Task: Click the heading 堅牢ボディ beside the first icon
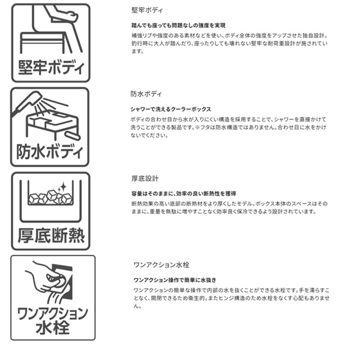[147, 10]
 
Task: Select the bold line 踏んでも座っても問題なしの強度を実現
[178, 25]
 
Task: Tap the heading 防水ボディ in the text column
[146, 94]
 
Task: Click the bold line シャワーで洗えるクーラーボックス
[170, 109]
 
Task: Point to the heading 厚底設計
[145, 178]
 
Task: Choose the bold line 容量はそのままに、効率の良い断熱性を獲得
[184, 194]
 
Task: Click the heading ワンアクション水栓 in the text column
[161, 265]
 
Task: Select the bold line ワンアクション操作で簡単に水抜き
[175, 280]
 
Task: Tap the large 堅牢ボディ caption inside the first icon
[51, 68]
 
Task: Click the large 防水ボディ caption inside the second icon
[50, 152]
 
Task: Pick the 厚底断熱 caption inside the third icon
[51, 236]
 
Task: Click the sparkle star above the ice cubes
[62, 187]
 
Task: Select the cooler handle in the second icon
[73, 136]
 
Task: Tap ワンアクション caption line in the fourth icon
[53, 314]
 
